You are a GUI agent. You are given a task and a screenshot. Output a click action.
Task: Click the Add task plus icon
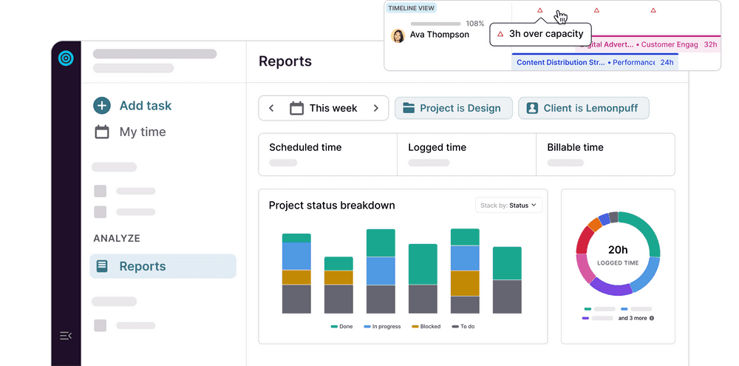point(102,106)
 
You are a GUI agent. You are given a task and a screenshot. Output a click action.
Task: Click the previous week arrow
point(271,108)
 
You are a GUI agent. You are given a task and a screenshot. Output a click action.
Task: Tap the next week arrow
point(376,108)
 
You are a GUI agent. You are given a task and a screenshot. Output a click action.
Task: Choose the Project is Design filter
point(452,108)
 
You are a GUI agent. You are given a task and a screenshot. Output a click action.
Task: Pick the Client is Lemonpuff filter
point(583,108)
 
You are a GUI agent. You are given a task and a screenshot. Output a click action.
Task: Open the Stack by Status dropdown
point(509,205)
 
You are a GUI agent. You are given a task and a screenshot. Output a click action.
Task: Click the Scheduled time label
point(305,147)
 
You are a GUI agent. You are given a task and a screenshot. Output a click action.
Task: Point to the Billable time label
point(575,147)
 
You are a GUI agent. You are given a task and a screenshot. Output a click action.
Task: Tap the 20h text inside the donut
point(618,250)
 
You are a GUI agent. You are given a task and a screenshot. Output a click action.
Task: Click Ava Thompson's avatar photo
point(398,35)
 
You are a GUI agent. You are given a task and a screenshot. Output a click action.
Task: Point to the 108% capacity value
point(474,24)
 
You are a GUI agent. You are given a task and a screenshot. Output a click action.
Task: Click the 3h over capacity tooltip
point(540,34)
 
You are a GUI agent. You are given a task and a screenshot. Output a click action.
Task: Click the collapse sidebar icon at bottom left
point(66,336)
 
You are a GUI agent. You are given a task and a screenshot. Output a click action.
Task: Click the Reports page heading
point(285,61)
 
